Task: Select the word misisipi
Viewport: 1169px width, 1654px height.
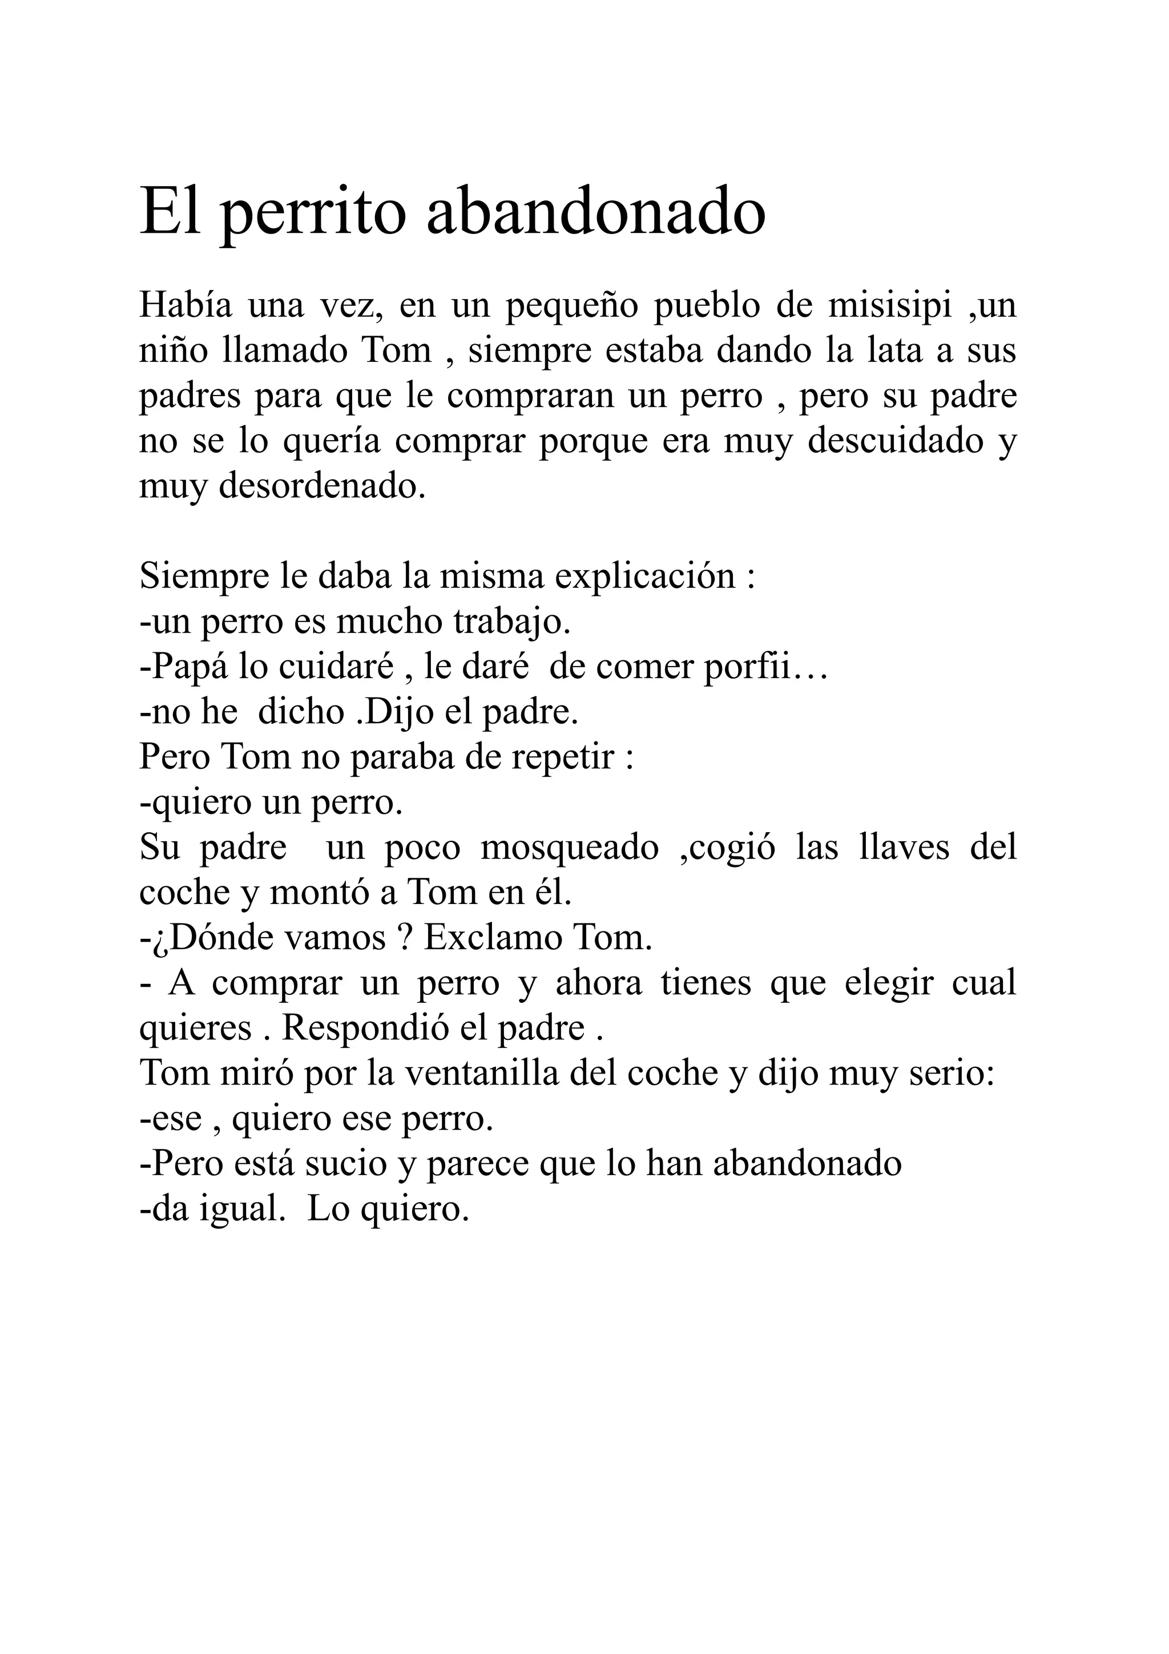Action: click(x=889, y=305)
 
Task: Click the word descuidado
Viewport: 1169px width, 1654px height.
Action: click(x=895, y=441)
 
